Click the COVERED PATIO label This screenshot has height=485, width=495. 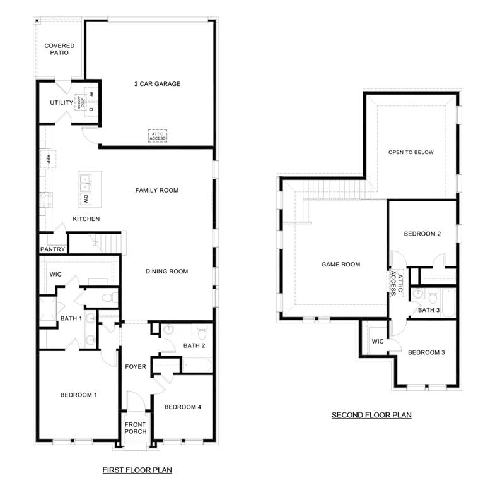(x=59, y=49)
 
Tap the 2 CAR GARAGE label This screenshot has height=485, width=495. (x=157, y=84)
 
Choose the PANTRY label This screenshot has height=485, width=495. (x=52, y=249)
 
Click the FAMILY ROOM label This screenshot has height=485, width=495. (x=157, y=190)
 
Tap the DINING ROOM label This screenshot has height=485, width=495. (x=167, y=272)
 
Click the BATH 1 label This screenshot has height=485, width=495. (x=71, y=318)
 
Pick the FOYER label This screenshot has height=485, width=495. (x=136, y=366)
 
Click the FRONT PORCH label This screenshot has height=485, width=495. (x=136, y=428)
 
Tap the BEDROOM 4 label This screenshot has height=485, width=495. (x=183, y=407)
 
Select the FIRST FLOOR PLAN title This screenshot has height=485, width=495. (x=137, y=470)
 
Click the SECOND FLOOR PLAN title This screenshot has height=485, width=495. (x=371, y=415)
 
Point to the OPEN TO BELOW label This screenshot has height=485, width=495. (x=411, y=152)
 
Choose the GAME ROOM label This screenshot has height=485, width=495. (x=341, y=265)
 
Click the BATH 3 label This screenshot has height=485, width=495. (x=429, y=310)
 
